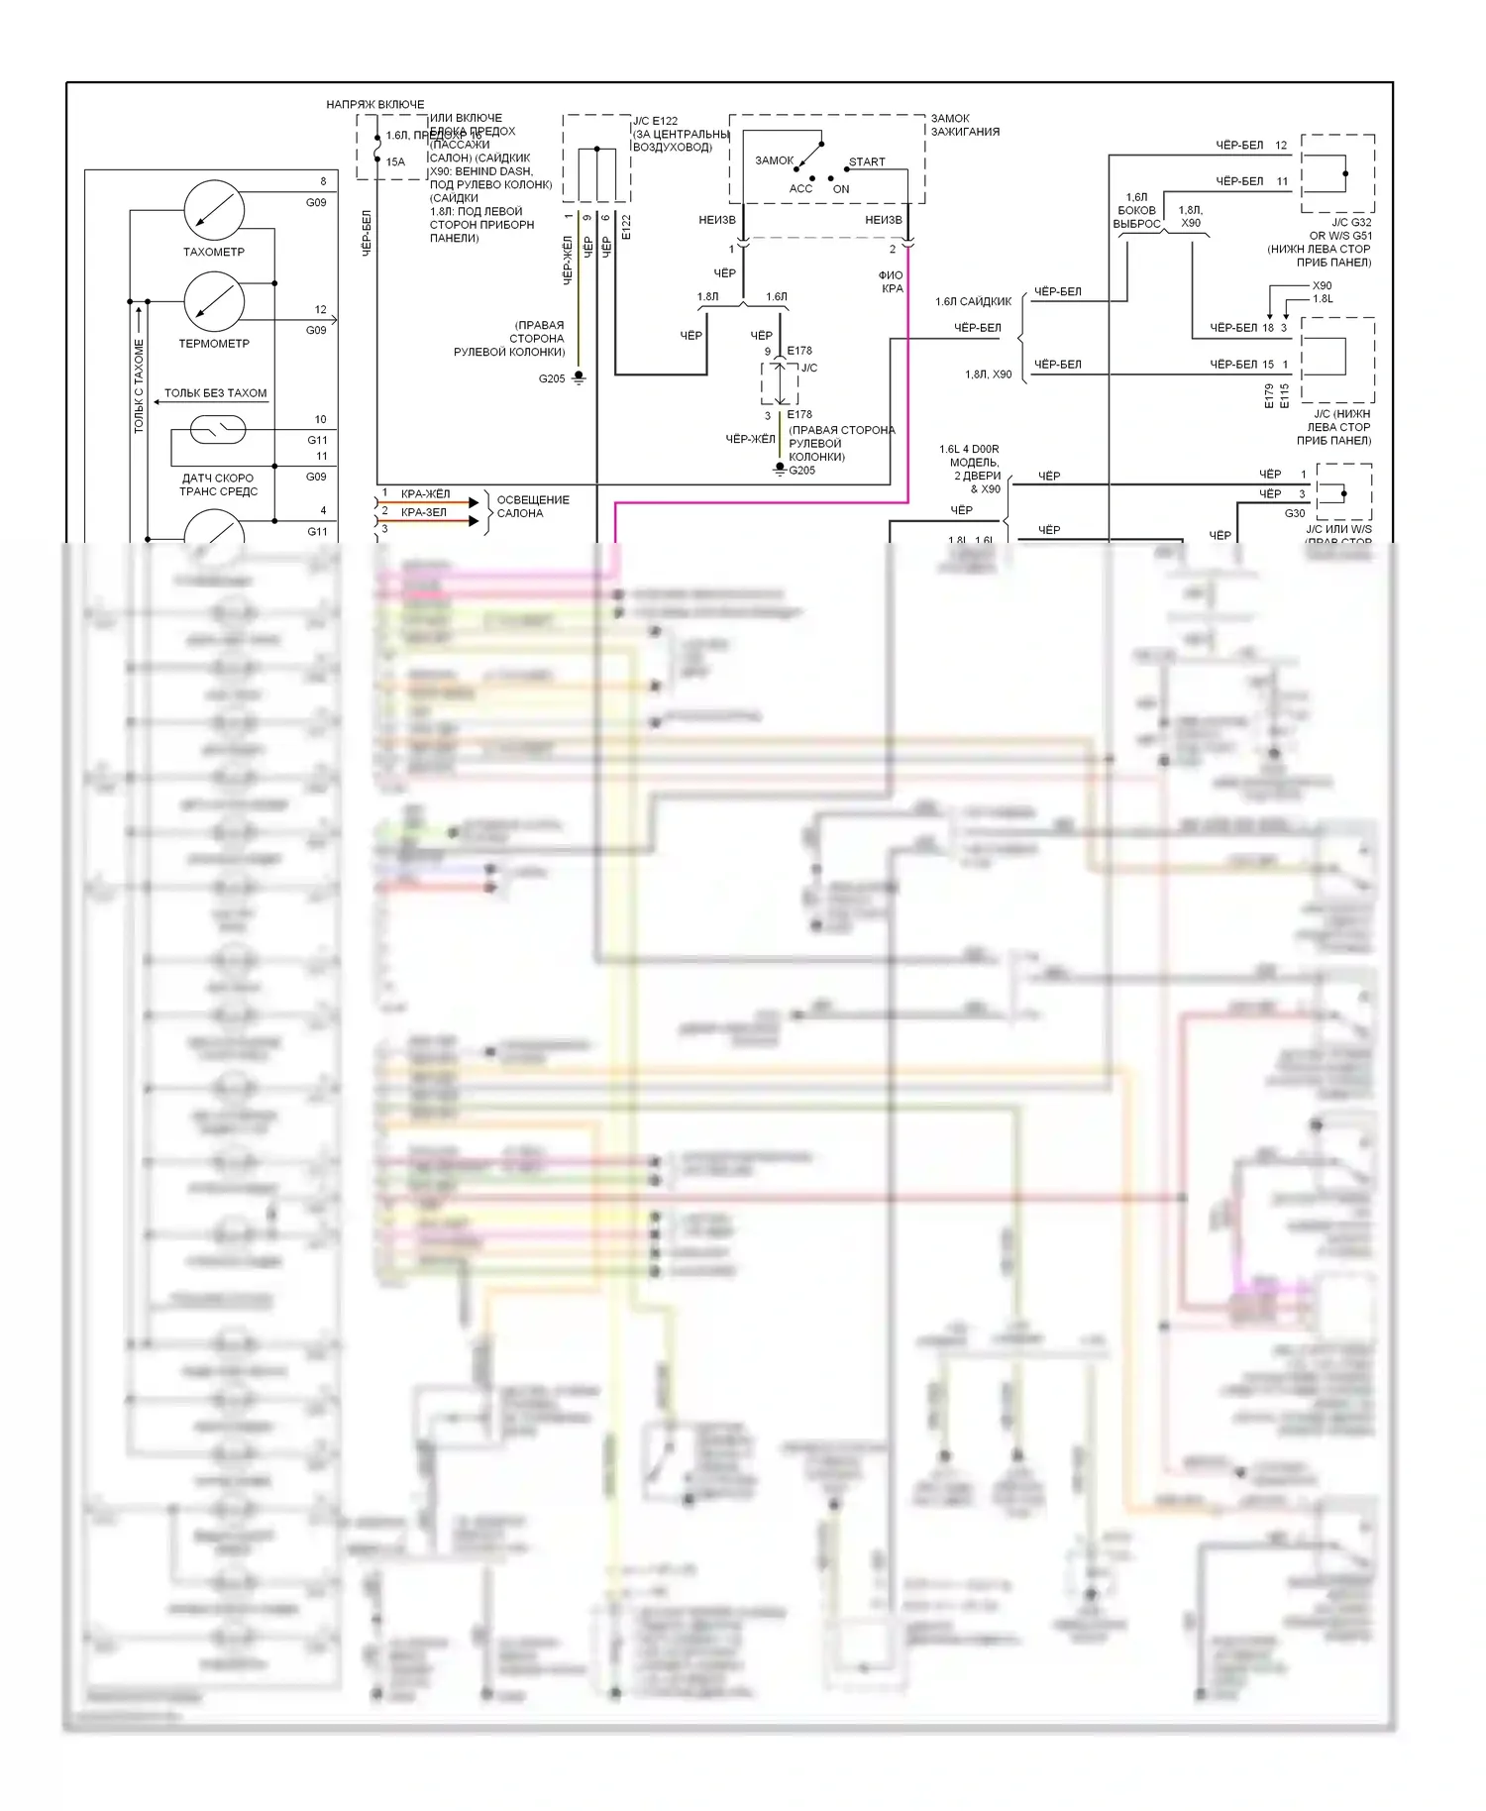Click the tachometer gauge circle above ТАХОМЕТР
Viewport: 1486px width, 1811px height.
tap(214, 210)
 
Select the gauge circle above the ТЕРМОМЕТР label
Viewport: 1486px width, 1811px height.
tap(214, 302)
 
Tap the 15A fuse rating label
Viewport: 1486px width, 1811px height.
tap(395, 161)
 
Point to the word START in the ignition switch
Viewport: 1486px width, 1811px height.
tap(867, 161)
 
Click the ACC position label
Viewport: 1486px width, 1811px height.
tap(800, 189)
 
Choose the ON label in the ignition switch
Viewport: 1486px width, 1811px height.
tap(841, 189)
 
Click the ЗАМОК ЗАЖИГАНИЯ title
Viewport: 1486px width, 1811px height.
tap(965, 125)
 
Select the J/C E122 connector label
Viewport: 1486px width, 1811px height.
tap(656, 121)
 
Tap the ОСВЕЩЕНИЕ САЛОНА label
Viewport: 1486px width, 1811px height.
tap(533, 506)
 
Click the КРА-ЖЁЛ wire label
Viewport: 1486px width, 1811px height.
tap(425, 493)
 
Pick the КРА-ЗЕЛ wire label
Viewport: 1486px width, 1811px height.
tap(424, 512)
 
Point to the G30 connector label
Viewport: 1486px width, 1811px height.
tap(1295, 513)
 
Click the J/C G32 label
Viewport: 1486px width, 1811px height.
tap(1351, 222)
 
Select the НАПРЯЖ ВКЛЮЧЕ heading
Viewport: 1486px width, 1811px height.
tap(375, 104)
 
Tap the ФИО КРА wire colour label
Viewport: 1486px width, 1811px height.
tap(891, 282)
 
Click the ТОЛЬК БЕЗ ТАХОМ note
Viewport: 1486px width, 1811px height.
tap(215, 393)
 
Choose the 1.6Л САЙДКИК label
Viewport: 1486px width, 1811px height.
tap(974, 301)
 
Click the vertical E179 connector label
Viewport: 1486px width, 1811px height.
tap(1269, 396)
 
